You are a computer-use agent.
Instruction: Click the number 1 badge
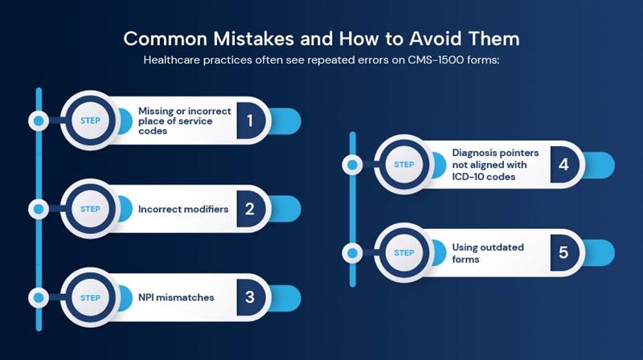(251, 121)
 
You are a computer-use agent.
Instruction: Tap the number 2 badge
(251, 209)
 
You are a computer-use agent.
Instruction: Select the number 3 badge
(251, 297)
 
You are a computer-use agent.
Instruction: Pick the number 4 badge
(564, 165)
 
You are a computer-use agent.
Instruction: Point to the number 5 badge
(564, 252)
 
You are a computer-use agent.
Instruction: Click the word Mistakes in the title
(253, 39)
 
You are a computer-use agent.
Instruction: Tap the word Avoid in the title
(436, 39)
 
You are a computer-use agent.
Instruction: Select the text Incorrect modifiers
(183, 209)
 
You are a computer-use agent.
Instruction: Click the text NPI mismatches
(176, 297)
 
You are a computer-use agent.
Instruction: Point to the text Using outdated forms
(488, 253)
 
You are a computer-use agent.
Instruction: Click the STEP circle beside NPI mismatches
(90, 297)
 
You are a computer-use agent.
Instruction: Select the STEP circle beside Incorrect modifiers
(90, 209)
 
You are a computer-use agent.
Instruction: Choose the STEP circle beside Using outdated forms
(404, 253)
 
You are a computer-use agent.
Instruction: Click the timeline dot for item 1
(39, 121)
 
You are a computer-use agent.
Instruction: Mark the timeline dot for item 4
(353, 165)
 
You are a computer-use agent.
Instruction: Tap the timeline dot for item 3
(39, 297)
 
